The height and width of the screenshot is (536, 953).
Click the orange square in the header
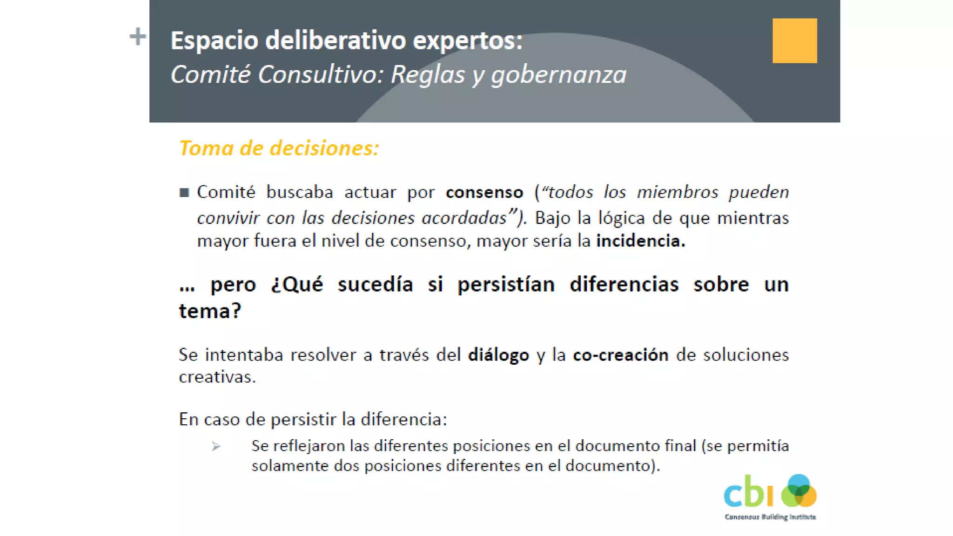[x=794, y=40]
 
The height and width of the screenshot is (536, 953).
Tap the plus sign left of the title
[x=138, y=36]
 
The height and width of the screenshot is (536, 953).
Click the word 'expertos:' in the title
[x=468, y=40]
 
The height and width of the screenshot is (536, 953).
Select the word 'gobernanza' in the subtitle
[x=559, y=75]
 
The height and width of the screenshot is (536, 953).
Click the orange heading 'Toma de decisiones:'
[x=279, y=148]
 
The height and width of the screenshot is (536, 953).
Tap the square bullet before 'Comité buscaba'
[x=184, y=193]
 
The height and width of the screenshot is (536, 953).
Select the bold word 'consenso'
[x=484, y=192]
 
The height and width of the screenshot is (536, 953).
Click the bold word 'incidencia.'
[x=641, y=241]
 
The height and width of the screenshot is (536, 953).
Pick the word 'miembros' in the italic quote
[x=678, y=192]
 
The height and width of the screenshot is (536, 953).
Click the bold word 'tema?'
[x=210, y=311]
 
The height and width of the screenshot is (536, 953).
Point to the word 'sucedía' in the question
[x=375, y=284]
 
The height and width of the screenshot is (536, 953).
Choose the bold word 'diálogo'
[x=498, y=355]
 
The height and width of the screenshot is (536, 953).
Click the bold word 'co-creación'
[x=620, y=355]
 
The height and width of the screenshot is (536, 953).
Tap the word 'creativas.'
[x=217, y=377]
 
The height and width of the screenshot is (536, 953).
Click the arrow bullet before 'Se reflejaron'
[x=216, y=447]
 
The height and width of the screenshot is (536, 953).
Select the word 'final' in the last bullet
[x=680, y=446]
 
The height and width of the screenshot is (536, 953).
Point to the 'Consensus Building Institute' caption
[x=770, y=517]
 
